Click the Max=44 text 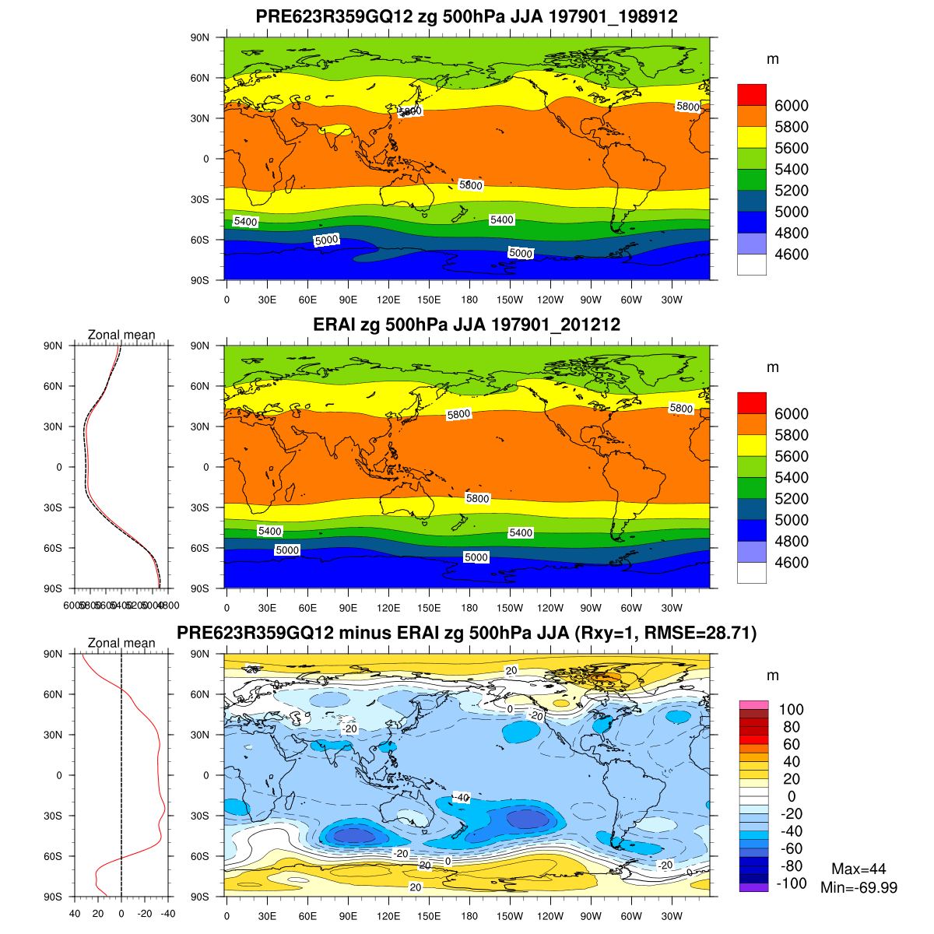pos(859,869)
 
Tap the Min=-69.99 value pos(859,887)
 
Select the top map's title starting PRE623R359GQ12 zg pos(466,16)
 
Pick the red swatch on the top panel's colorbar pos(751,94)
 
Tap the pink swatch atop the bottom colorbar pos(753,704)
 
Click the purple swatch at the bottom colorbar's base pos(753,887)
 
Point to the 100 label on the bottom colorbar pos(791,709)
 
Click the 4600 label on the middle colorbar pos(792,563)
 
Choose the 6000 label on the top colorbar pos(792,106)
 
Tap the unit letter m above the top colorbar pos(772,59)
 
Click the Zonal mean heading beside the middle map pos(121,335)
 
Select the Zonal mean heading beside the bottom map pos(121,643)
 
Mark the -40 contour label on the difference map pos(461,798)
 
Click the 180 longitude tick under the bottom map pos(469,916)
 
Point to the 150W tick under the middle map pos(510,608)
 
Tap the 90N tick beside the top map pos(201,37)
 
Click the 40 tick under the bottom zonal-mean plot pos(75,915)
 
